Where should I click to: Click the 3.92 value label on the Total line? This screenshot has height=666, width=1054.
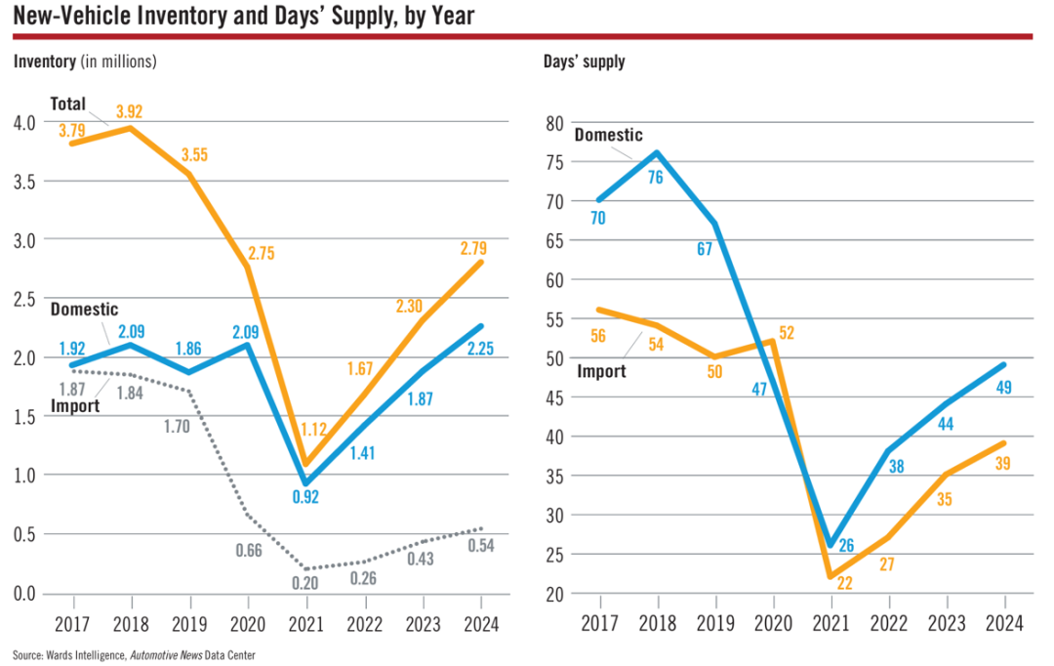[x=129, y=111]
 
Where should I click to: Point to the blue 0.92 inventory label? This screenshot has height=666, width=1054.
[x=305, y=496]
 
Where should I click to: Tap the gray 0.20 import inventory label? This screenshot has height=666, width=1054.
[x=304, y=583]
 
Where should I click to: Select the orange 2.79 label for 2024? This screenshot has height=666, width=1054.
[x=473, y=248]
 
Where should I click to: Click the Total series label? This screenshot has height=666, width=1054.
[x=68, y=104]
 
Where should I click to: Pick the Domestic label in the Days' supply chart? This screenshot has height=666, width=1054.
[x=608, y=135]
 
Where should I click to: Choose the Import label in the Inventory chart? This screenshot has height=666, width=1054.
[x=75, y=405]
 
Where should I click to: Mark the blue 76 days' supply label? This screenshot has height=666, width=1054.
[x=656, y=178]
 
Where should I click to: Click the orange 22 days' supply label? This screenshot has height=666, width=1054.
[x=844, y=583]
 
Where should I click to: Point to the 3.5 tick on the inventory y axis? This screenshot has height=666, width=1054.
[x=24, y=182]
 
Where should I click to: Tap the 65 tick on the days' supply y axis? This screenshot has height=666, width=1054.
[x=554, y=241]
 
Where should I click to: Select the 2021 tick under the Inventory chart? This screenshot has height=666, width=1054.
[x=305, y=624]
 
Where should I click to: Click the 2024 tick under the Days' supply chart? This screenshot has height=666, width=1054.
[x=1004, y=624]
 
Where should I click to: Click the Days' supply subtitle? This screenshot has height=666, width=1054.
[x=585, y=62]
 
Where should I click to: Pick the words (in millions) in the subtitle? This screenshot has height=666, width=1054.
[x=118, y=62]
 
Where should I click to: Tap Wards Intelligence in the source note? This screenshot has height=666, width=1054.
[x=85, y=655]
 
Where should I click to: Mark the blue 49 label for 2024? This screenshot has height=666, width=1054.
[x=1003, y=388]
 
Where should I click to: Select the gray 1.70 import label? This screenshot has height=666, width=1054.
[x=177, y=427]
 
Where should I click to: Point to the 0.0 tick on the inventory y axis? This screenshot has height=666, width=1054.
[x=24, y=594]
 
